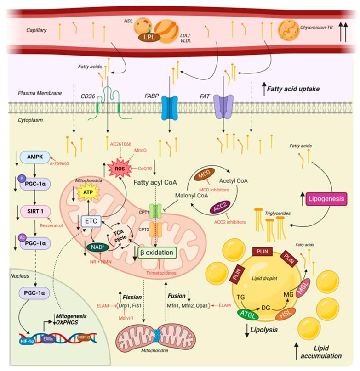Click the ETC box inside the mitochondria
coord(90,221)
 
